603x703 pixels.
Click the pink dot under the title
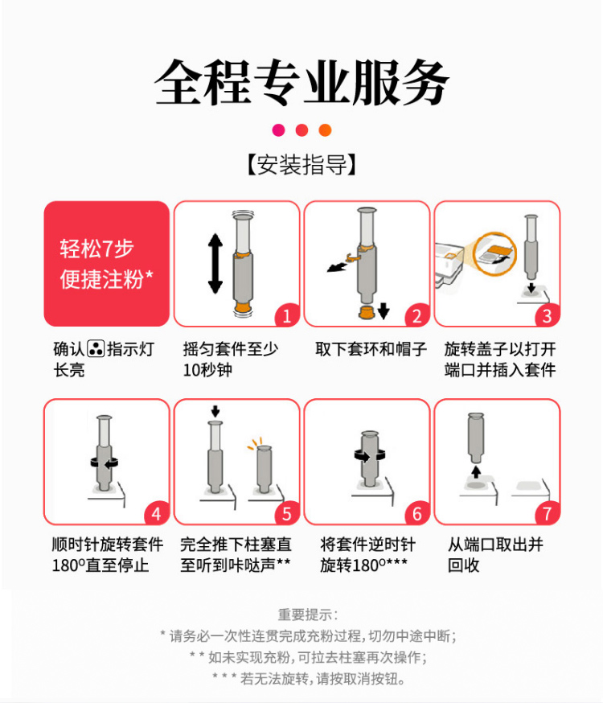[278, 130]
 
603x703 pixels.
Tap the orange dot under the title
[325, 130]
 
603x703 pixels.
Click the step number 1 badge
[287, 315]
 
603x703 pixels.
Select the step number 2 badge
[416, 315]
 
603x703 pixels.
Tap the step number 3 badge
[547, 315]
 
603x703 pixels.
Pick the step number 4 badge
[156, 513]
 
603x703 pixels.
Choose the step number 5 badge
[287, 513]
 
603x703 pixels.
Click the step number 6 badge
[416, 513]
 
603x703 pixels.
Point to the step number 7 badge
[547, 513]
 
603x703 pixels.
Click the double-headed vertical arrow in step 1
[215, 264]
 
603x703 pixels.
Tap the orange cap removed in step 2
[367, 312]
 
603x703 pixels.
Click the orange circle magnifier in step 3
[494, 253]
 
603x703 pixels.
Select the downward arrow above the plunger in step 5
[215, 411]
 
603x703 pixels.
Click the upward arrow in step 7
[476, 471]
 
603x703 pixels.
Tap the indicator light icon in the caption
[96, 348]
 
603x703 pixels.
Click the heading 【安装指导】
[301, 165]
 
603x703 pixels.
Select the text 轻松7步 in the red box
[96, 249]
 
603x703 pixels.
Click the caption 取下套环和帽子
[371, 349]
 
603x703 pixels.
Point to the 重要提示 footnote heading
[307, 615]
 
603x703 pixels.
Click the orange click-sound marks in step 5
[254, 443]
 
